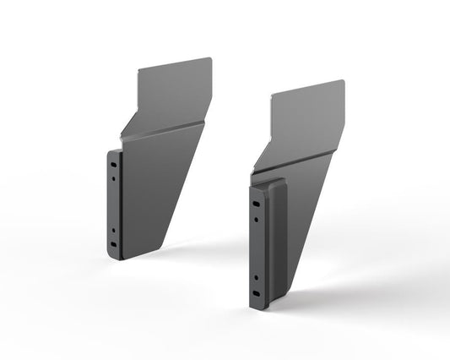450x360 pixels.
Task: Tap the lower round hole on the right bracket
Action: pos(255,275)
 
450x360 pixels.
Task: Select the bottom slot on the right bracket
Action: pos(255,293)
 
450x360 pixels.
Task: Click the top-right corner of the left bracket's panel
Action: pos(209,58)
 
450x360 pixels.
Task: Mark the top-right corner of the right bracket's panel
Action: pos(344,81)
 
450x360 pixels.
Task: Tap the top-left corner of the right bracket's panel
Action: pos(273,94)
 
